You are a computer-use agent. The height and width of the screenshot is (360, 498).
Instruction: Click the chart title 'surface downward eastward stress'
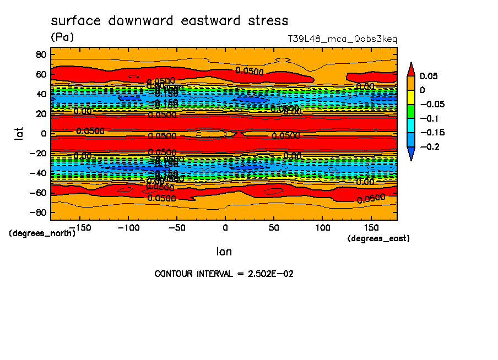pyautogui.click(x=169, y=21)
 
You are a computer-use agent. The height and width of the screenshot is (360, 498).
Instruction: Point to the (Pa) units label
pyautogui.click(x=62, y=37)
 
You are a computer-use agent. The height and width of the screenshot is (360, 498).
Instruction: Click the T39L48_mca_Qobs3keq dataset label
pyautogui.click(x=342, y=40)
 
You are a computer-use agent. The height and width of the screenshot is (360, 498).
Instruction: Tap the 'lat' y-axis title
pyautogui.click(x=19, y=133)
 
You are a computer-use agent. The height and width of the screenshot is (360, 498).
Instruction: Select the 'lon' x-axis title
pyautogui.click(x=224, y=252)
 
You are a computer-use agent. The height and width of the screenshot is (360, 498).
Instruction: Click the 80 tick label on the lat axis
pyautogui.click(x=40, y=54)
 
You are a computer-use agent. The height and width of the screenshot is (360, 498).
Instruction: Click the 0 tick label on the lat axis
pyautogui.click(x=43, y=133)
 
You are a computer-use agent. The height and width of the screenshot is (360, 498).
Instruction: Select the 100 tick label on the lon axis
pyautogui.click(x=322, y=227)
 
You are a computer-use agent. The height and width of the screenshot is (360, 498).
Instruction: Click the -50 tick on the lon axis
pyautogui.click(x=176, y=227)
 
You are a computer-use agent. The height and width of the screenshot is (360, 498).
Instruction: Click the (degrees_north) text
pyautogui.click(x=42, y=233)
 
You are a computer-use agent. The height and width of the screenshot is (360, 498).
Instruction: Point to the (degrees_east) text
pyautogui.click(x=378, y=238)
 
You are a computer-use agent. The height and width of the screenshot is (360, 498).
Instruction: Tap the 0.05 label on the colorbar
pyautogui.click(x=429, y=76)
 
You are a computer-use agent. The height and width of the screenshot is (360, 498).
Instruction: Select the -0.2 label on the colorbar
pyautogui.click(x=429, y=147)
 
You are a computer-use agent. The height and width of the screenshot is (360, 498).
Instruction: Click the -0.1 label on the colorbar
pyautogui.click(x=429, y=118)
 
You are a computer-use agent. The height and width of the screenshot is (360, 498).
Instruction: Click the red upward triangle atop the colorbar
pyautogui.click(x=410, y=69)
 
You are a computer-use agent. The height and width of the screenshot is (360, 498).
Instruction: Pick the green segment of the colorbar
pyautogui.click(x=410, y=111)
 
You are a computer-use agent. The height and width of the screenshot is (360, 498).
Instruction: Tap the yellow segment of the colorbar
pyautogui.click(x=410, y=97)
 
